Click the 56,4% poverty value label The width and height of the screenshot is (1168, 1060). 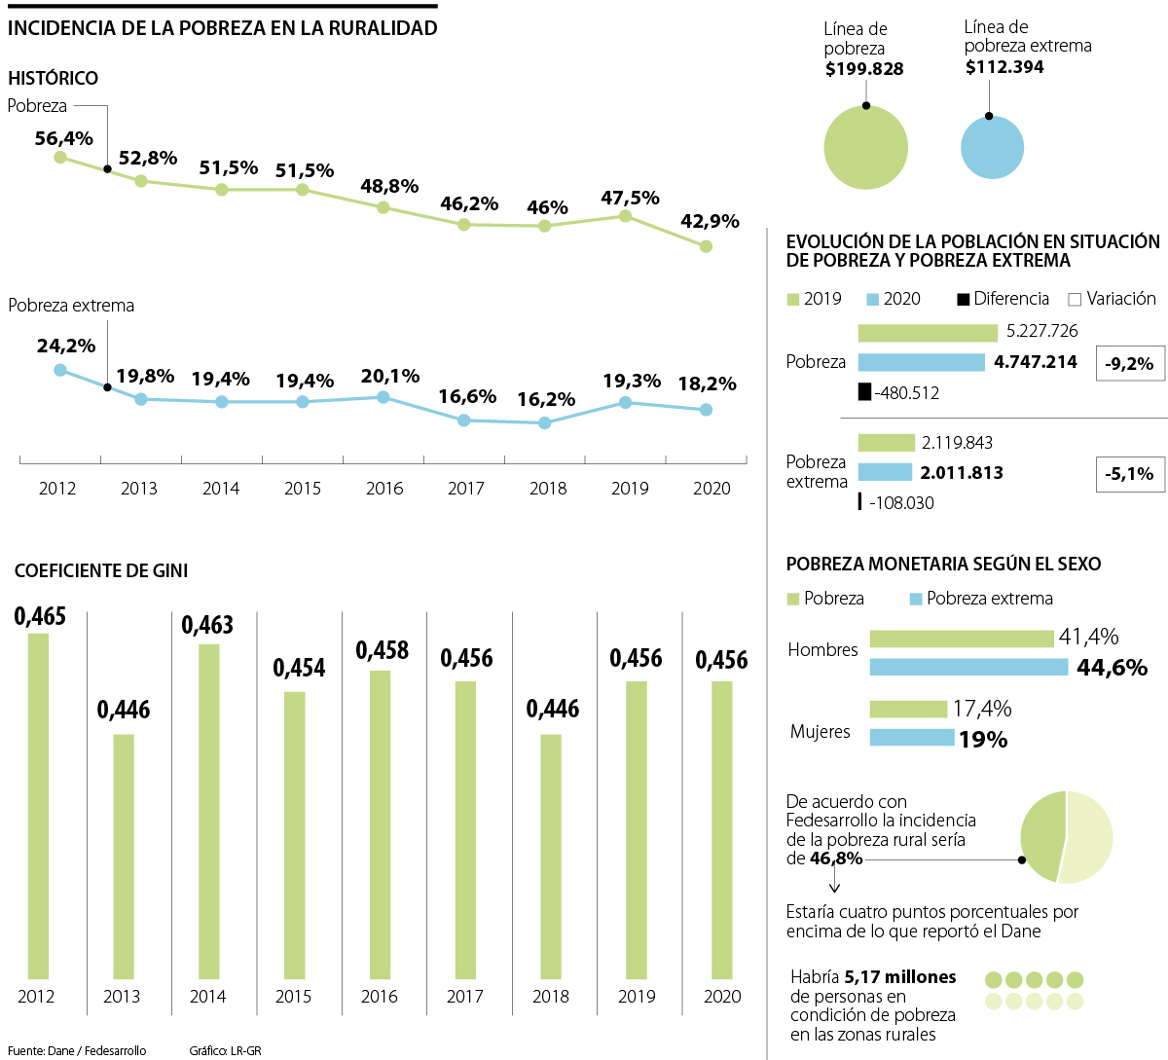pyautogui.click(x=64, y=138)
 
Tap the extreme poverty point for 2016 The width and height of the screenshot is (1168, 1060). pyautogui.click(x=383, y=397)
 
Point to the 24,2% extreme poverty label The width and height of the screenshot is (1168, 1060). pyautogui.click(x=66, y=346)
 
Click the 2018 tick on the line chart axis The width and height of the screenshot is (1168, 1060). pyautogui.click(x=548, y=489)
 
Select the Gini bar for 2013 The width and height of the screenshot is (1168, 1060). pyautogui.click(x=124, y=856)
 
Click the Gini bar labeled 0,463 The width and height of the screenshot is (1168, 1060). pyautogui.click(x=208, y=811)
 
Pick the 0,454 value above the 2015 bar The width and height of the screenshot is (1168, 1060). pyautogui.click(x=299, y=668)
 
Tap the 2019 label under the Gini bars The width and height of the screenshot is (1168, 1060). pyautogui.click(x=637, y=997)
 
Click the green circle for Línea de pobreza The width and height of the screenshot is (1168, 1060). pyautogui.click(x=865, y=148)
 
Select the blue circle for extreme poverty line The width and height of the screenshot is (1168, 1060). pyautogui.click(x=992, y=148)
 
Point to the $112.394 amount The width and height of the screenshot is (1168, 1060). pyautogui.click(x=1004, y=67)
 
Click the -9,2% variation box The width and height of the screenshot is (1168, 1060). pyautogui.click(x=1130, y=364)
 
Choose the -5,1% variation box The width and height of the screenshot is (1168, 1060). pyautogui.click(x=1130, y=474)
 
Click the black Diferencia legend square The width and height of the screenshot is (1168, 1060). pyautogui.click(x=964, y=299)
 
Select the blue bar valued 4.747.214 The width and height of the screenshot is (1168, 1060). pyautogui.click(x=921, y=362)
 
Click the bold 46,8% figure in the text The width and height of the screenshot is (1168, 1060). pyautogui.click(x=836, y=859)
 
